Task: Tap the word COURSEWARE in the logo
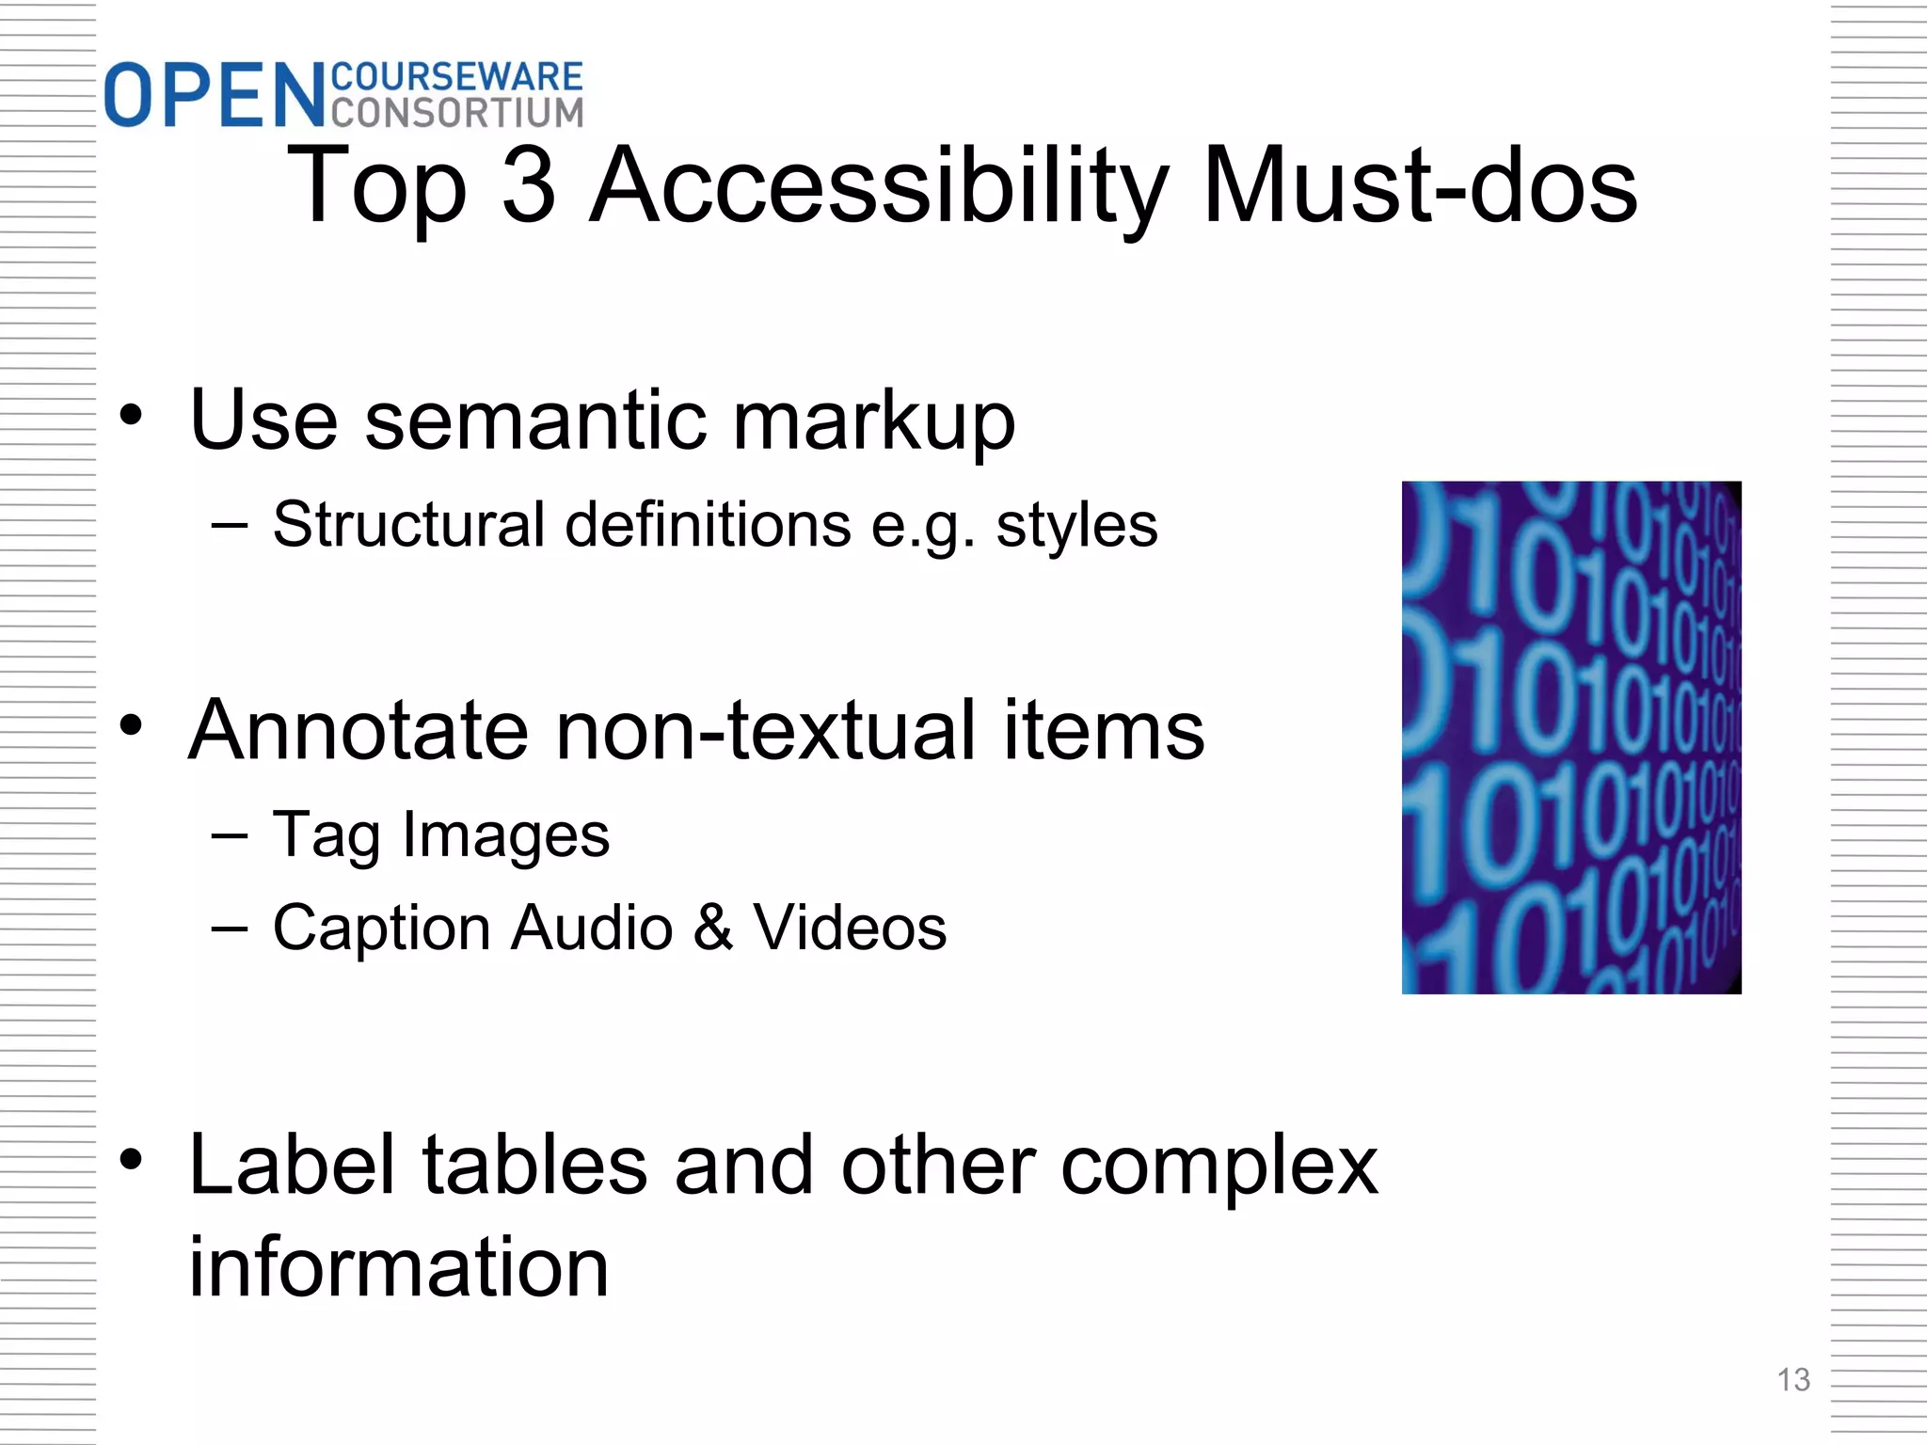tap(457, 77)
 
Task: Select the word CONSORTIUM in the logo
tap(457, 112)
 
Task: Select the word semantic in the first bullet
tap(535, 420)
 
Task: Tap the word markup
tap(874, 421)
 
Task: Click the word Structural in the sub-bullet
tap(408, 524)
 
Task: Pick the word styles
tap(1076, 526)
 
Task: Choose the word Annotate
tap(358, 730)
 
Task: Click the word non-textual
tap(766, 730)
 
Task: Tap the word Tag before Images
tap(326, 835)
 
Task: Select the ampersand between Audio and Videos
tap(712, 928)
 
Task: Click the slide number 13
tap(1792, 1380)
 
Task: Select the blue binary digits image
tap(1570, 738)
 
